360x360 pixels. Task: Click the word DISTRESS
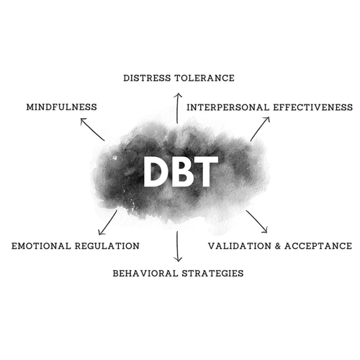(148, 78)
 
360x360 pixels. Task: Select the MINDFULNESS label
(61, 107)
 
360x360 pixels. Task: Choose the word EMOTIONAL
(41, 246)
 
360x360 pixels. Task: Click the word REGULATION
(107, 246)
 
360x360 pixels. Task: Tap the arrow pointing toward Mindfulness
(92, 130)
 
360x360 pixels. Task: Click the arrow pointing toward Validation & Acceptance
(256, 222)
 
